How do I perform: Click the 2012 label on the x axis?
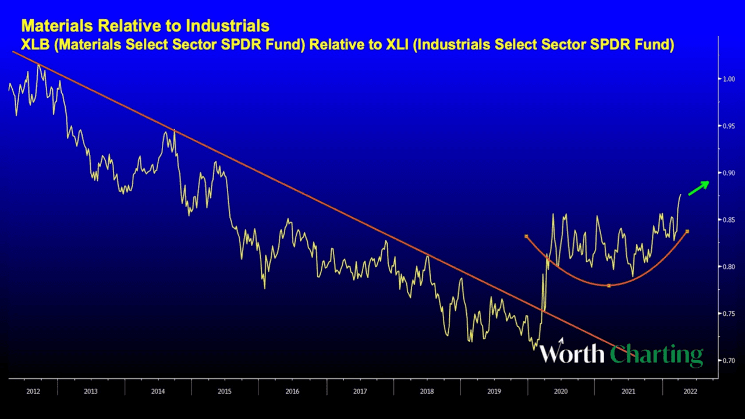click(33, 391)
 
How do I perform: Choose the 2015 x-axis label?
click(225, 391)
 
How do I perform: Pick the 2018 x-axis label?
click(427, 391)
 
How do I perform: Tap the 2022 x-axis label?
click(687, 391)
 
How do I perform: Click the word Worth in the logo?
click(572, 353)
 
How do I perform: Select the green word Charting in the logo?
click(657, 354)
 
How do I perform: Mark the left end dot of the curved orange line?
click(526, 236)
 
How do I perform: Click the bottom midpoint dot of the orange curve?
click(608, 286)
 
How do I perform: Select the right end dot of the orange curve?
click(687, 232)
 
